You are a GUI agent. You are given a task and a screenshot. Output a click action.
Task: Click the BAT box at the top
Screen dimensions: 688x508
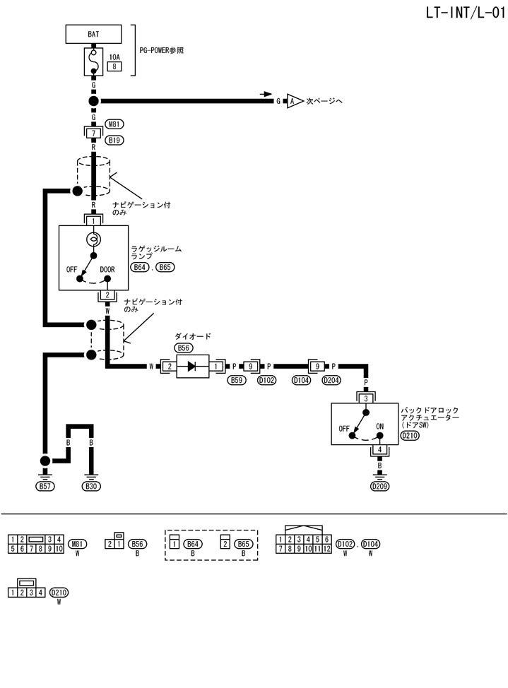[93, 33]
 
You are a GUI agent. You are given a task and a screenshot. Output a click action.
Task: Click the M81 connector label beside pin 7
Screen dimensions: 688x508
[114, 124]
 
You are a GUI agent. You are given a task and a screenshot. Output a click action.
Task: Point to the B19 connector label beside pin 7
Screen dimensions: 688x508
[114, 140]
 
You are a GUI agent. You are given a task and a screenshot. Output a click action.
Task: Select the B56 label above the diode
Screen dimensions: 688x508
[184, 348]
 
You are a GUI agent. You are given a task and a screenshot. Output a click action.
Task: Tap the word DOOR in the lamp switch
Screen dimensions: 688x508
[107, 269]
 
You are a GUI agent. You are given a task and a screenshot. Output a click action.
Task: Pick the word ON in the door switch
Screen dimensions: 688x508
[379, 427]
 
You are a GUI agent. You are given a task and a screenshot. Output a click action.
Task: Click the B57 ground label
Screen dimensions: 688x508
[45, 486]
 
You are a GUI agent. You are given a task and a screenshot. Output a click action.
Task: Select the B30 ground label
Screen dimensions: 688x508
[91, 486]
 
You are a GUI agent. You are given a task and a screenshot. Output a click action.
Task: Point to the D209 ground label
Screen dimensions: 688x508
[380, 486]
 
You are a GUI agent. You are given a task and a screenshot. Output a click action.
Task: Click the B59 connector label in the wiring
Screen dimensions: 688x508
[237, 381]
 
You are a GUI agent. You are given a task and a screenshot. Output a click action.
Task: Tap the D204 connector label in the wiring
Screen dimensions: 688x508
[331, 381]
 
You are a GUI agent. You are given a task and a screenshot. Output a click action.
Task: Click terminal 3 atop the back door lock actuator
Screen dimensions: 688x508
[365, 398]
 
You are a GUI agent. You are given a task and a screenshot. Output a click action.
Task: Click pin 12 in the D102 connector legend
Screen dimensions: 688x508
[326, 548]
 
